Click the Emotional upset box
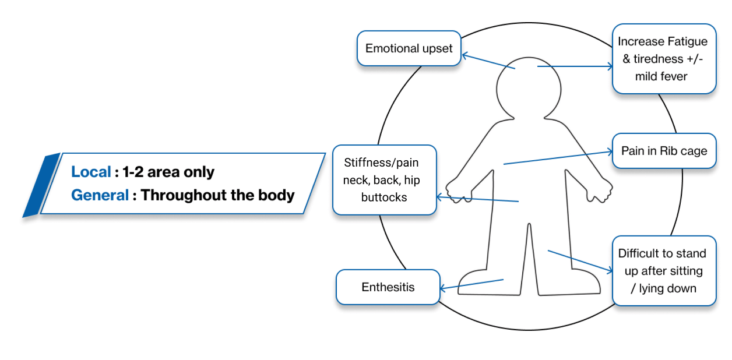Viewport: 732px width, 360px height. click(x=409, y=48)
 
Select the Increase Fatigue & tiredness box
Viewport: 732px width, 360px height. click(x=663, y=59)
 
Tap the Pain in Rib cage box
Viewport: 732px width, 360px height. click(x=664, y=151)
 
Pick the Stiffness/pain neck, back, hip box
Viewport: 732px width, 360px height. click(x=384, y=180)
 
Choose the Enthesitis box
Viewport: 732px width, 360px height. click(x=388, y=287)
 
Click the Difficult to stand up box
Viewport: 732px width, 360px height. click(x=663, y=271)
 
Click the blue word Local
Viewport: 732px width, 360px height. click(x=91, y=172)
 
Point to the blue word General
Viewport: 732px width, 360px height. click(x=100, y=195)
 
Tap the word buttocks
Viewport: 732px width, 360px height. click(x=384, y=197)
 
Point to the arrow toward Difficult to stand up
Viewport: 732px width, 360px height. click(x=580, y=262)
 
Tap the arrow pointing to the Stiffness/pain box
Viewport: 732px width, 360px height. click(x=477, y=199)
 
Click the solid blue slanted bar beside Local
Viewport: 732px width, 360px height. click(x=41, y=185)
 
